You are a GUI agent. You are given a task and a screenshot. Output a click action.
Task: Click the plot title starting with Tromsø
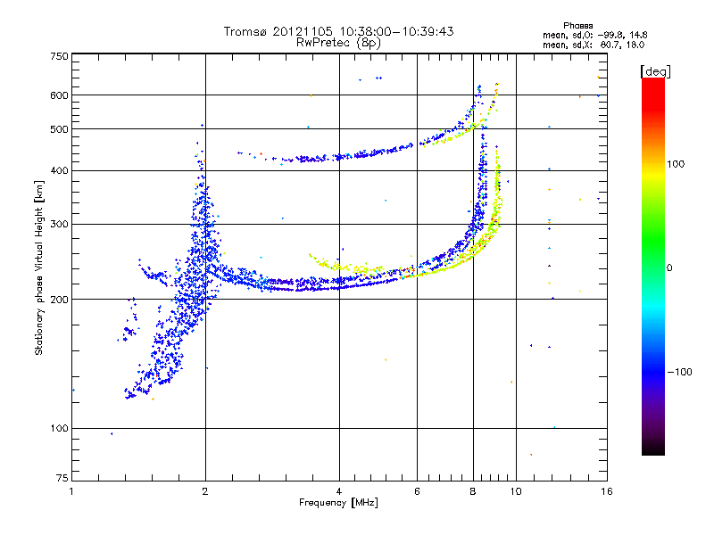pyautogui.click(x=339, y=31)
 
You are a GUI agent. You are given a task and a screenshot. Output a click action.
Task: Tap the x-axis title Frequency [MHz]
pyautogui.click(x=338, y=504)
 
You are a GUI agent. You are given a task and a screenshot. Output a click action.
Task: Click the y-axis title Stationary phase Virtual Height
pyautogui.click(x=40, y=267)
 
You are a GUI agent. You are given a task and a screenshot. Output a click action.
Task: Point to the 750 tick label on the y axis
pyautogui.click(x=59, y=56)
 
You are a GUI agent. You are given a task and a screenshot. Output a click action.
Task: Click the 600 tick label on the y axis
pyautogui.click(x=59, y=95)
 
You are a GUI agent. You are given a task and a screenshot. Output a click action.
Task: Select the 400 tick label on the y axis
pyautogui.click(x=59, y=170)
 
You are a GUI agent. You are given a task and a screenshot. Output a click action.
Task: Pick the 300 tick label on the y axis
pyautogui.click(x=59, y=224)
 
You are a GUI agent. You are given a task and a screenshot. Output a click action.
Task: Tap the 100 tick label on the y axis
pyautogui.click(x=59, y=428)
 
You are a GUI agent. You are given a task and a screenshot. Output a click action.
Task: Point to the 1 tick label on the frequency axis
pyautogui.click(x=71, y=491)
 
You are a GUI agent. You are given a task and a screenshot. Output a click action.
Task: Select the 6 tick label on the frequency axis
pyautogui.click(x=418, y=491)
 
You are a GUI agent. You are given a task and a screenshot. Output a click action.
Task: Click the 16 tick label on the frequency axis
pyautogui.click(x=606, y=491)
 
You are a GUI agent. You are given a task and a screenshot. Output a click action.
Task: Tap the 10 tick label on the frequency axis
pyautogui.click(x=515, y=491)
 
